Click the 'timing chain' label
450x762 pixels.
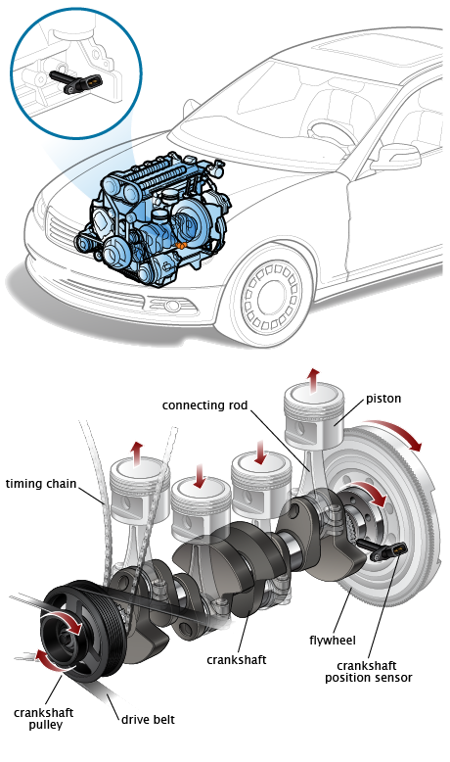(x=41, y=484)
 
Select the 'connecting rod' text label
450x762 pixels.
(x=204, y=405)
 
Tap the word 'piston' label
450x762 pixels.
(x=383, y=399)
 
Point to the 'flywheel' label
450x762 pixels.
(x=333, y=641)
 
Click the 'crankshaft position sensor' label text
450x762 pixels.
(x=369, y=672)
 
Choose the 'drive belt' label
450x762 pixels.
(x=148, y=719)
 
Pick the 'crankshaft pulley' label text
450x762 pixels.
(x=44, y=719)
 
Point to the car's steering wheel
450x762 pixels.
(x=332, y=131)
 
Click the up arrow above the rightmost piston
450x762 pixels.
(x=314, y=378)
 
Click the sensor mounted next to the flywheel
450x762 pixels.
(x=382, y=549)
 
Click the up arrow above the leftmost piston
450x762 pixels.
(x=138, y=452)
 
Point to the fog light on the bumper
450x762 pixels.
(x=171, y=306)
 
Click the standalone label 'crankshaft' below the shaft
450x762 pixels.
(x=237, y=660)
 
